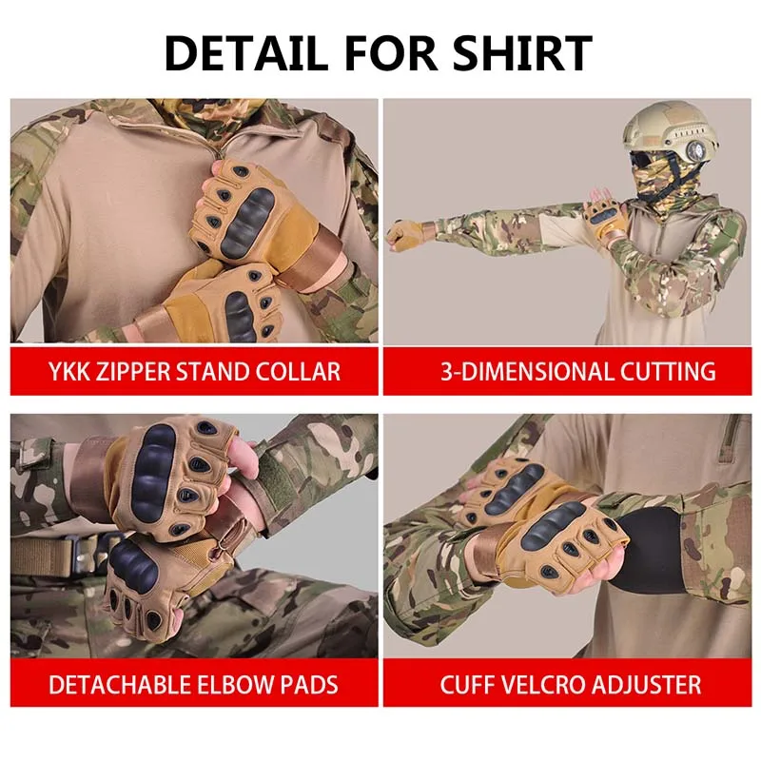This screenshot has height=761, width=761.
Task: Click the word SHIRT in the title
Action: coord(521,53)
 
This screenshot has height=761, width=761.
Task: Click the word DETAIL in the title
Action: coord(246,53)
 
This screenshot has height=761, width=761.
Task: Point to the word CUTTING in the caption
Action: coord(661,371)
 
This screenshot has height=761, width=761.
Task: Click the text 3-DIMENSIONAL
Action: coord(520,371)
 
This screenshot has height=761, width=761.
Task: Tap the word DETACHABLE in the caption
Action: coord(120,685)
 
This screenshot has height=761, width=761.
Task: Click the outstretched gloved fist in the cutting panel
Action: coord(403,235)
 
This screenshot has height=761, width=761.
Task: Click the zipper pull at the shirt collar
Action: coord(220,154)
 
